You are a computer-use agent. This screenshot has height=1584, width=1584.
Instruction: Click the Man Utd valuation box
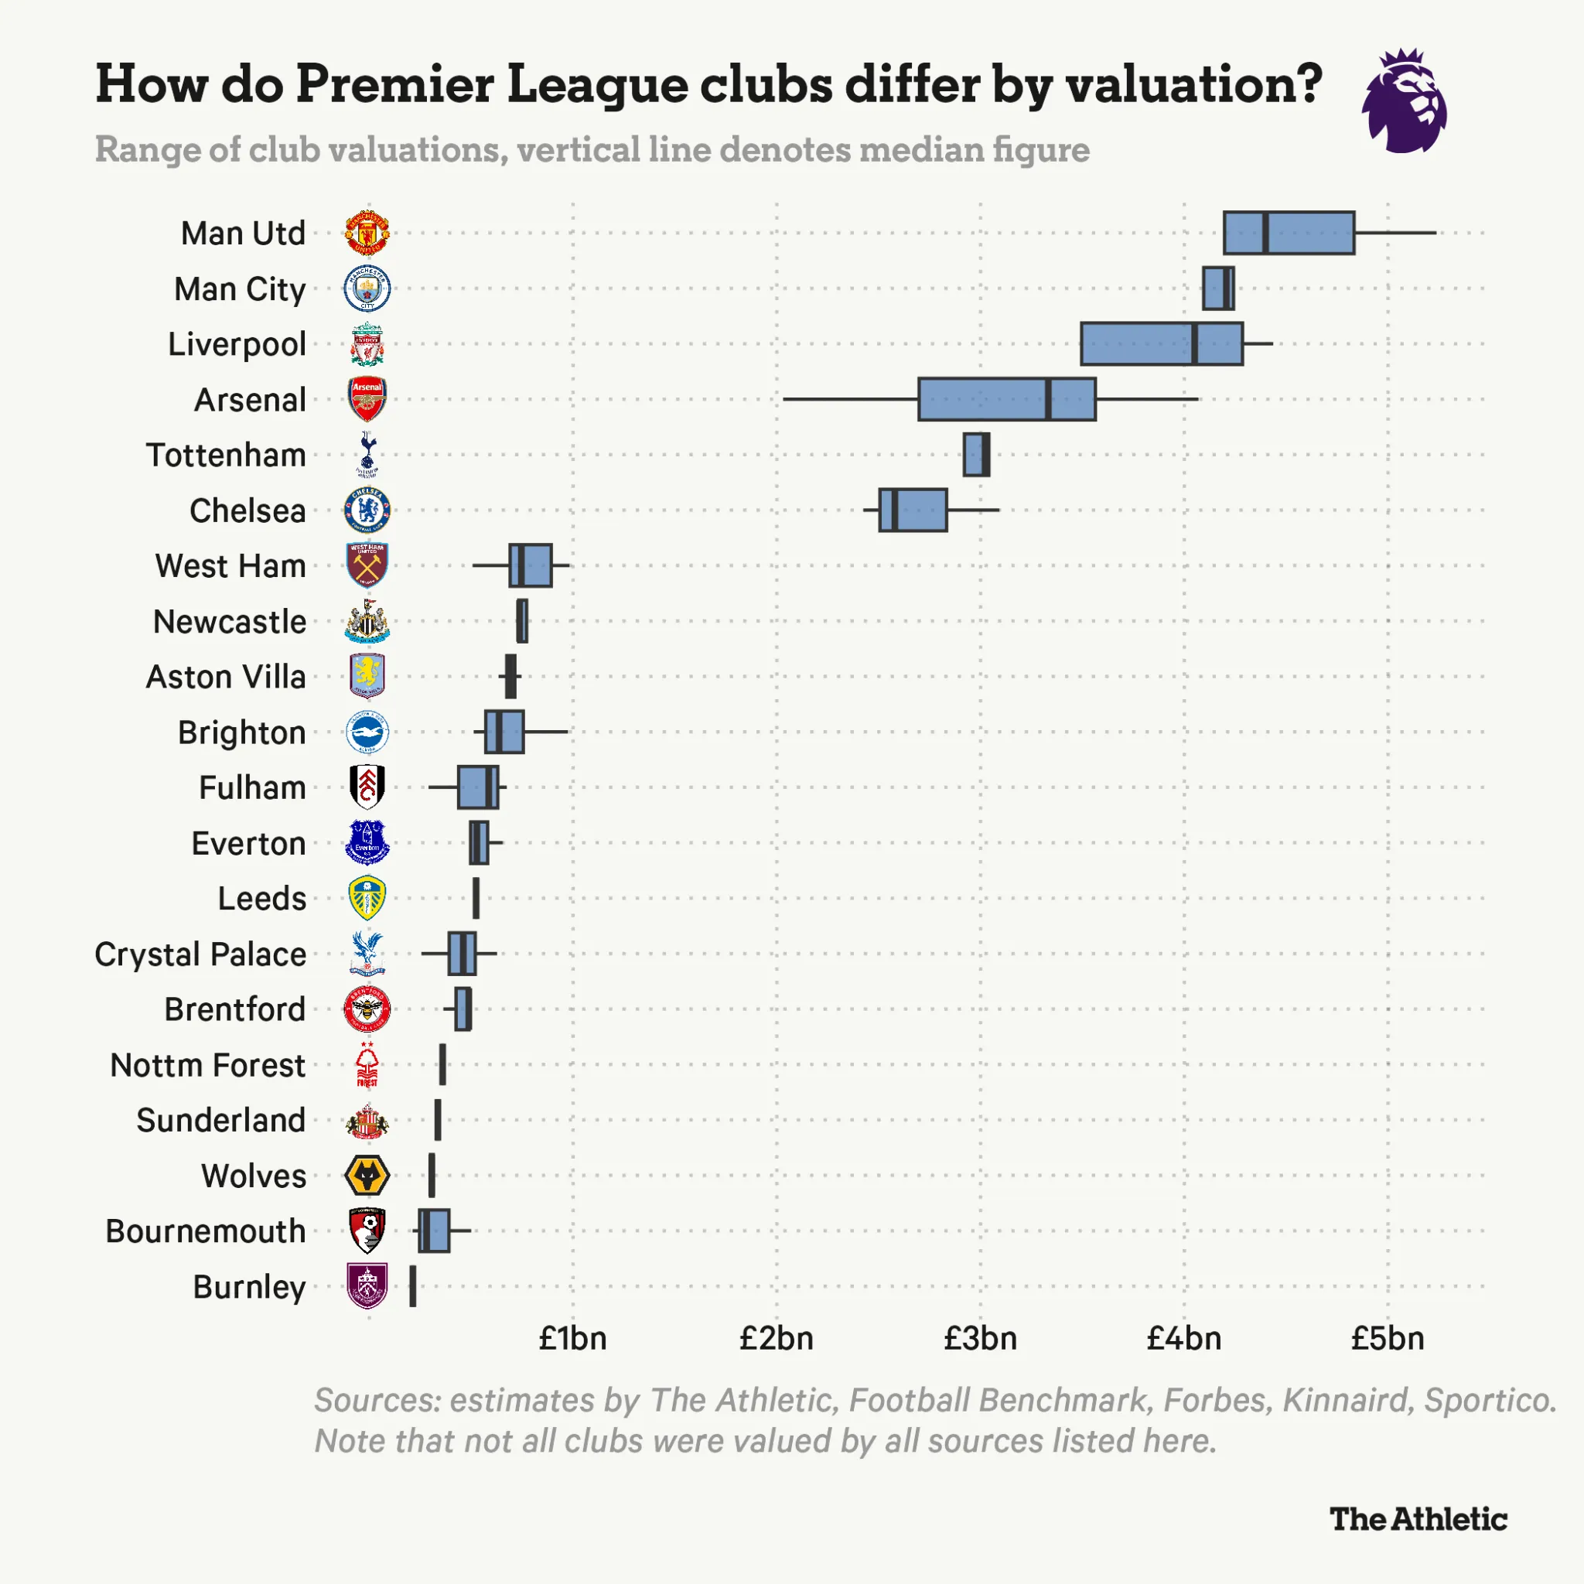(x=1288, y=233)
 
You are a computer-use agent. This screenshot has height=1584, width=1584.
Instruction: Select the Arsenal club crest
(x=367, y=399)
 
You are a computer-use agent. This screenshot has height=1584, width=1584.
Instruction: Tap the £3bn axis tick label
(x=980, y=1339)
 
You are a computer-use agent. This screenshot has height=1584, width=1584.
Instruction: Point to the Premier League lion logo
(x=1404, y=101)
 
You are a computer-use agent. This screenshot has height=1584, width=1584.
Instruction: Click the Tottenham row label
(x=227, y=455)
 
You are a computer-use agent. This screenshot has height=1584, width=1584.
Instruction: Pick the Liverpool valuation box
(x=1161, y=343)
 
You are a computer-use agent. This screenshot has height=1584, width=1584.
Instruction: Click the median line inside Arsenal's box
(x=1049, y=399)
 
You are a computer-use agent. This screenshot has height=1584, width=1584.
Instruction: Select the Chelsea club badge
(x=367, y=510)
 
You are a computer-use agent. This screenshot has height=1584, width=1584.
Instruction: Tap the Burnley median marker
(x=412, y=1286)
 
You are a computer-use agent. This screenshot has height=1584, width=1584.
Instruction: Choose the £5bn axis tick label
(x=1388, y=1339)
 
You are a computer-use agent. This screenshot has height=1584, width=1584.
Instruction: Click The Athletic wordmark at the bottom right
(x=1418, y=1519)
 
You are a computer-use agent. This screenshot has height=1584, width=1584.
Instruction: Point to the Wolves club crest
(x=367, y=1176)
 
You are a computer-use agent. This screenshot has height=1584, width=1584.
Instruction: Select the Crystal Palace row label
(x=200, y=954)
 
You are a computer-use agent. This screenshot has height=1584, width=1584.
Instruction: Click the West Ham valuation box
(x=531, y=565)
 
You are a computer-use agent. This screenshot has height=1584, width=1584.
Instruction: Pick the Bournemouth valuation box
(x=434, y=1231)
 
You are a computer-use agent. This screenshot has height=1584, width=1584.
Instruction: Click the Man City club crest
(x=367, y=288)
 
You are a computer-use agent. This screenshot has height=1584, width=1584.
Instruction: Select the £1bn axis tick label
(x=572, y=1339)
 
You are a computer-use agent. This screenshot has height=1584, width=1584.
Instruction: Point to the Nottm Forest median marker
(x=442, y=1065)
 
